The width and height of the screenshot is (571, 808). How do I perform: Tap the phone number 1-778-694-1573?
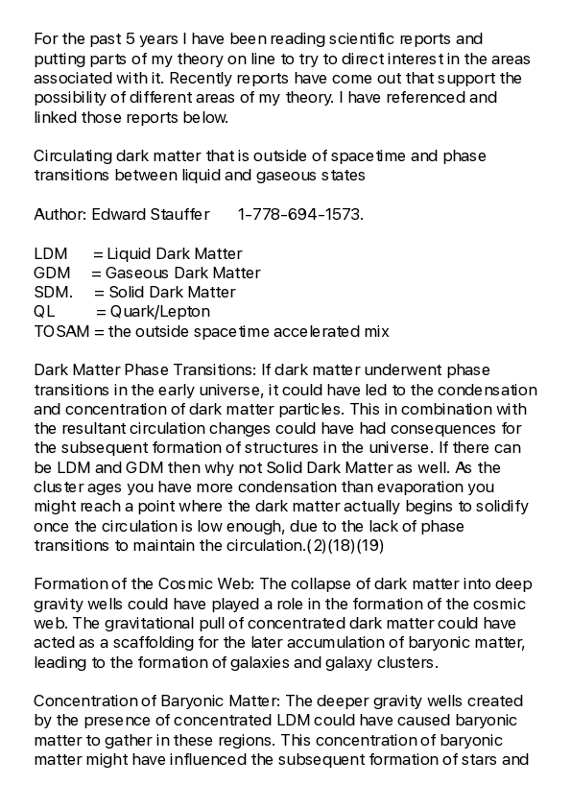click(x=300, y=214)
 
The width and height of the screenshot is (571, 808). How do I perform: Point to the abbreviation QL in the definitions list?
click(x=44, y=312)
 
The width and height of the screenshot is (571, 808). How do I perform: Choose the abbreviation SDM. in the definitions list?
click(x=53, y=293)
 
